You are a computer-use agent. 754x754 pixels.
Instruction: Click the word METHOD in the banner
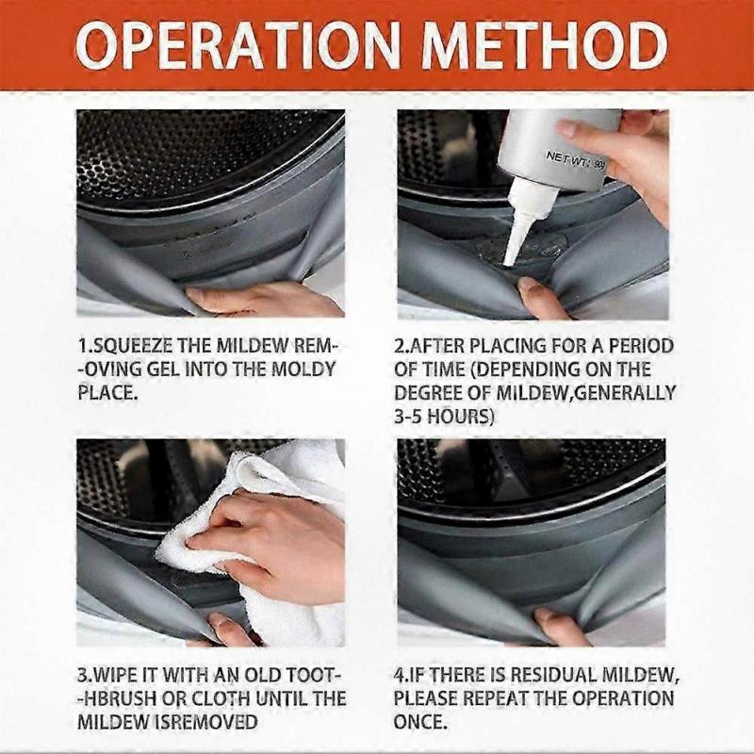coord(546,45)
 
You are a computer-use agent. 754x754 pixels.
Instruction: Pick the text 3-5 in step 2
coord(408,417)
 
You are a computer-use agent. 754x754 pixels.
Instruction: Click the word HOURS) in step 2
coord(461,417)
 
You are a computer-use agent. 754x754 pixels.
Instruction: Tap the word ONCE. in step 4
coord(420,722)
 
